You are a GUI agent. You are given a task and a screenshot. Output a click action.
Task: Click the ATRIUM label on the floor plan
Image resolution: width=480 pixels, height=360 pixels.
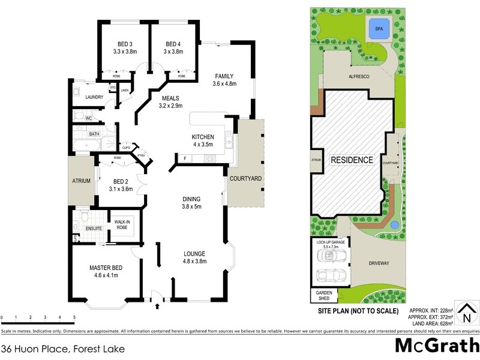[x=81, y=181]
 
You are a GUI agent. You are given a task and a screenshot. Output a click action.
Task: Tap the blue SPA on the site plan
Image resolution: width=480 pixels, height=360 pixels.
[x=379, y=29]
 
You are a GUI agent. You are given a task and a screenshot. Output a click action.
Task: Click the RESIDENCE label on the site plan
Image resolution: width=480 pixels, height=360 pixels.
[x=352, y=161]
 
